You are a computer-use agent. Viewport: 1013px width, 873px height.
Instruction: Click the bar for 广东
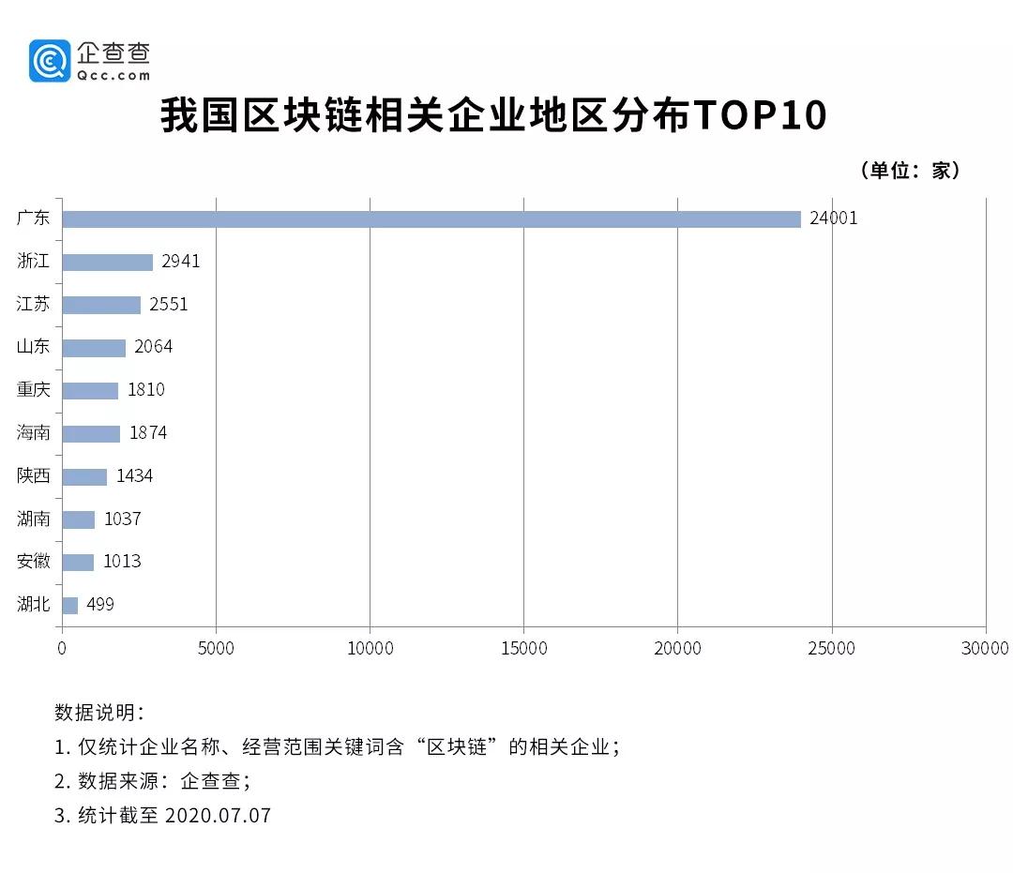(x=431, y=218)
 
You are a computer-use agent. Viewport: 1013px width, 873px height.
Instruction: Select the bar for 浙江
(x=107, y=262)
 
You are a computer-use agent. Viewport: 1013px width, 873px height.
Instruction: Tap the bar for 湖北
(x=70, y=605)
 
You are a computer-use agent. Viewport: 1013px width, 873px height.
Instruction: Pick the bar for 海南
(x=91, y=433)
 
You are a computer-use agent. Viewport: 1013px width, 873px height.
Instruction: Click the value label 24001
(x=834, y=218)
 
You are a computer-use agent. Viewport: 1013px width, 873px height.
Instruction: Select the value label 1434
(x=134, y=476)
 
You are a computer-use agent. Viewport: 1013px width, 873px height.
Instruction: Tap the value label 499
(x=100, y=605)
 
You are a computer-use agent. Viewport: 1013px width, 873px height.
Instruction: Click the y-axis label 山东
(x=34, y=347)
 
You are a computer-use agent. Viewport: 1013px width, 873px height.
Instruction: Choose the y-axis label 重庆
(x=34, y=390)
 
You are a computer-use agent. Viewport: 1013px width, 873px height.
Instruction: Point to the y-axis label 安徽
(x=34, y=562)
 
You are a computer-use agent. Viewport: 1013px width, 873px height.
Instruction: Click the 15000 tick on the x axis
(x=523, y=648)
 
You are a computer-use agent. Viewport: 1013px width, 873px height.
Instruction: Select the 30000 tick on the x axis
(x=985, y=648)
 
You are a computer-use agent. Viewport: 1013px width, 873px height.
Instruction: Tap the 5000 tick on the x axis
(x=216, y=648)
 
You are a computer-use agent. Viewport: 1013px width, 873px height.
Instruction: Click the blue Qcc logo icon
(x=50, y=61)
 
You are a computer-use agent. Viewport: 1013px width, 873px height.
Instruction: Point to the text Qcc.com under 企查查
(x=114, y=75)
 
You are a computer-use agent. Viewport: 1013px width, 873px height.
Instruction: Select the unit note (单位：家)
(x=909, y=171)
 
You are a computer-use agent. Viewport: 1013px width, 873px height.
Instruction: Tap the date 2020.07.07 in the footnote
(x=218, y=815)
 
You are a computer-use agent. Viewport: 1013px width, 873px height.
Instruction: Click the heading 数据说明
(x=99, y=712)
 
